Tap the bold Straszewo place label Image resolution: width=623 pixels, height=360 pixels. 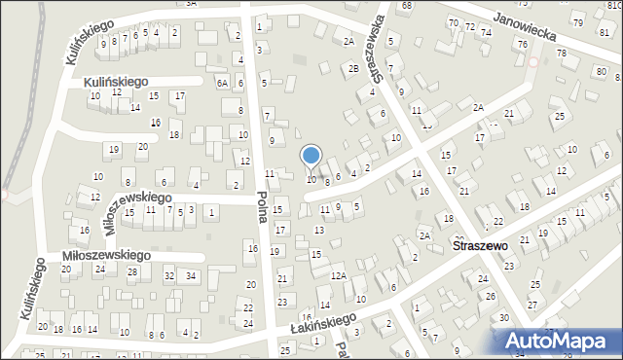click(x=481, y=247)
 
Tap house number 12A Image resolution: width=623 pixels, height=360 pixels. click(x=338, y=276)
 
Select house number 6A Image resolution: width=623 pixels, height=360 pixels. click(x=222, y=84)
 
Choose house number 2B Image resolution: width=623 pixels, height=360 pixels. click(x=352, y=68)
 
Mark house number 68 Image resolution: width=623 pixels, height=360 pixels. click(x=406, y=6)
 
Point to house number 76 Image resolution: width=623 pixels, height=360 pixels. click(x=523, y=45)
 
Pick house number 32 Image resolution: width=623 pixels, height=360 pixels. click(x=168, y=276)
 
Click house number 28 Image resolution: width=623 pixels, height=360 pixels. click(x=131, y=271)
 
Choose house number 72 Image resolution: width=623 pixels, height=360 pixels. click(x=469, y=25)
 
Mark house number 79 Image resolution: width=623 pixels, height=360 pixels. click(x=577, y=22)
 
